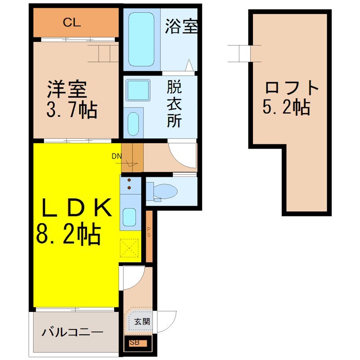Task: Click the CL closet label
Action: tap(72, 22)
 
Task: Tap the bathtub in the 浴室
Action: tap(141, 39)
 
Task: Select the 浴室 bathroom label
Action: tap(181, 26)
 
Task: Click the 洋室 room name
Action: tap(67, 89)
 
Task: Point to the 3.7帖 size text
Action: tap(72, 110)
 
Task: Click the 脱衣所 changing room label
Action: tap(174, 103)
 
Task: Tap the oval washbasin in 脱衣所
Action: tap(133, 124)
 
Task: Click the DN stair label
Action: tap(117, 156)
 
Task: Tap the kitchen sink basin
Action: tap(129, 217)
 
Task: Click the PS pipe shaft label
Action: tap(149, 232)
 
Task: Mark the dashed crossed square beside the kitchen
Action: tap(129, 248)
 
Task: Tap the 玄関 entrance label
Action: tap(142, 322)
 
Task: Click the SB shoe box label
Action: tap(135, 342)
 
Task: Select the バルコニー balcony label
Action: tap(72, 332)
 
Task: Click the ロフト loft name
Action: tap(292, 88)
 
